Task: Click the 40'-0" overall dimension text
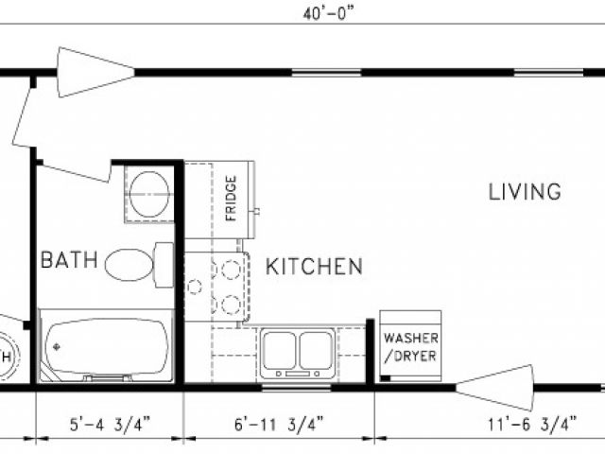pos(328,14)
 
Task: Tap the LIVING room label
pos(525,192)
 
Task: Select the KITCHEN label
pos(315,267)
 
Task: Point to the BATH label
pos(69,259)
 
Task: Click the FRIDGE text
pos(231,199)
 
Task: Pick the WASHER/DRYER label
pos(411,347)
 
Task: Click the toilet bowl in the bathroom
pos(130,265)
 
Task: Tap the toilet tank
pos(164,265)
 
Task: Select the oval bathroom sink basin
pos(149,194)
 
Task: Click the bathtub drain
pos(57,347)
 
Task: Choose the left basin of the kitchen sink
pos(280,350)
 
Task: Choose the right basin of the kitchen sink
pos(316,350)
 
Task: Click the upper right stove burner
pos(231,270)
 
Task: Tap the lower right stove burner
pos(231,305)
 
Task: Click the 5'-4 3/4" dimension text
pos(110,425)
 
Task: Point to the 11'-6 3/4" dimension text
pos(533,425)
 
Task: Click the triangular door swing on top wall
pos(96,72)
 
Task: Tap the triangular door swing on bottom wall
pos(495,387)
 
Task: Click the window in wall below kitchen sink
pos(296,387)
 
